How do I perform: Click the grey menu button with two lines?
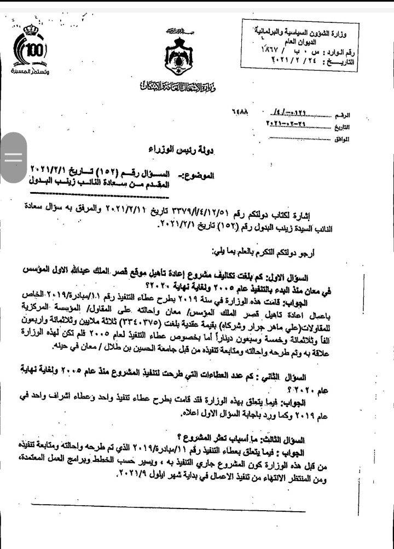(x=14, y=157)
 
